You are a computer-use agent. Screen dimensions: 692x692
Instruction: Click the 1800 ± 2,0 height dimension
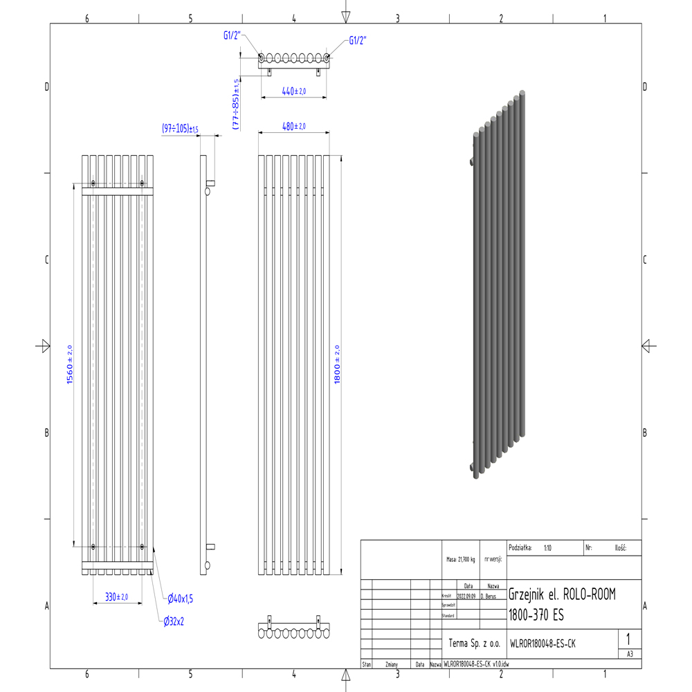coord(338,365)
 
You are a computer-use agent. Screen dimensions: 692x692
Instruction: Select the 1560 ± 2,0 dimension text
coord(70,365)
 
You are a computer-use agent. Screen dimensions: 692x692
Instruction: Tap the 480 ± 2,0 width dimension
coord(294,126)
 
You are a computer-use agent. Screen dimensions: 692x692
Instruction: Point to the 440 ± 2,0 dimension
coord(294,91)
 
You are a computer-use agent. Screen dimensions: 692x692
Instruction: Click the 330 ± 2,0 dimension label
coord(116,597)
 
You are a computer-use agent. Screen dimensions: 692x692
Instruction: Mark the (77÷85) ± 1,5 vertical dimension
coord(236,104)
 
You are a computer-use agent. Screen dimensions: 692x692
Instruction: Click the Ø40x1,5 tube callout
coord(180,598)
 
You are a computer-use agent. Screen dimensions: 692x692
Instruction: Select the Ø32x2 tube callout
coord(174,621)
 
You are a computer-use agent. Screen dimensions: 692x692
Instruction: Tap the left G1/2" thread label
coord(232,37)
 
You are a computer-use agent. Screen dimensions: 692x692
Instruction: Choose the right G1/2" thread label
coord(357,40)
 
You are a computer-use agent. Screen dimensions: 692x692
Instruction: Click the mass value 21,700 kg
coord(461,559)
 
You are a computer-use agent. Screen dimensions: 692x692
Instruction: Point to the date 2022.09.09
coord(466,595)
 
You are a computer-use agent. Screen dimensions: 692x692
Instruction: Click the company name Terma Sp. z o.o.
coord(474,644)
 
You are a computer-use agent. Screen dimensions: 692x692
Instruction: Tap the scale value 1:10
coord(547,547)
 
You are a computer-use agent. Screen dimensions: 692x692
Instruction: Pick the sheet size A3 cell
coord(629,653)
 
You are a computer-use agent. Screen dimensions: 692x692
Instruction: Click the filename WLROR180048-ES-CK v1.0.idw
coord(476,664)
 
